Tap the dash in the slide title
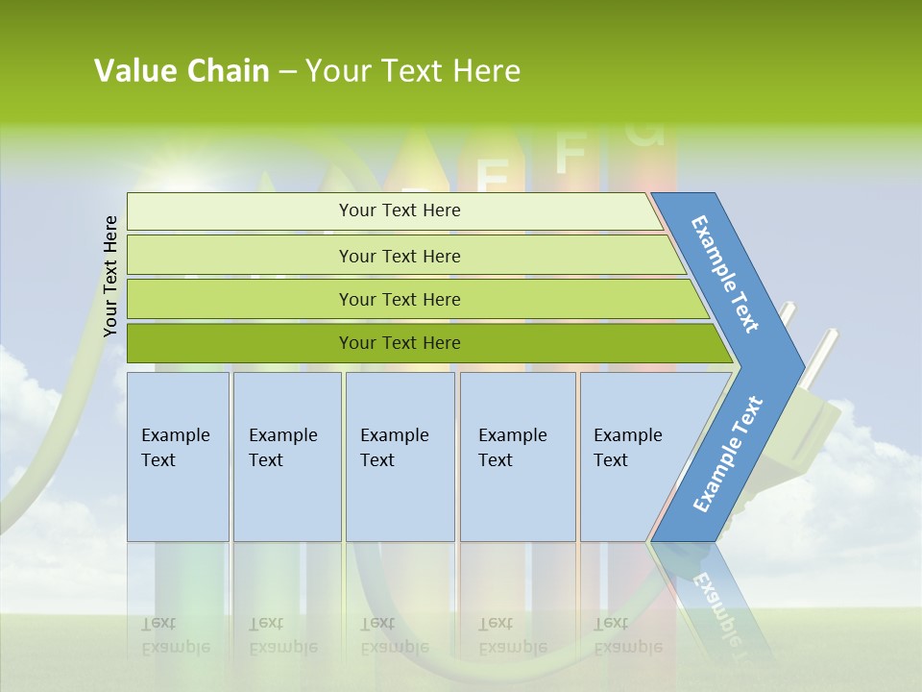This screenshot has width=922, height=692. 287,72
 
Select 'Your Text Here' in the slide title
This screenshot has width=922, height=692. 413,71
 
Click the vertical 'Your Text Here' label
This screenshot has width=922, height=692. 110,277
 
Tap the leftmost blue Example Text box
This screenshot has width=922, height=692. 178,457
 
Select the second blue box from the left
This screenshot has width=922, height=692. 286,457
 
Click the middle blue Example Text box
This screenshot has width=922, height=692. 400,457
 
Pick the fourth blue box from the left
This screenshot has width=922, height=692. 518,457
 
